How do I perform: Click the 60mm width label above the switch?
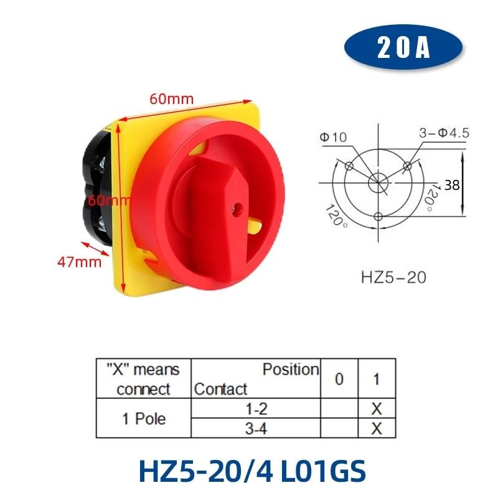click(x=171, y=98)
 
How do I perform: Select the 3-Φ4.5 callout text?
click(x=441, y=133)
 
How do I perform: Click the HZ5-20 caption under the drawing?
click(x=393, y=276)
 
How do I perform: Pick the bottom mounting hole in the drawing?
click(x=378, y=216)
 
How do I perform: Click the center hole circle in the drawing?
click(x=378, y=182)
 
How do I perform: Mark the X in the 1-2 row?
click(x=377, y=408)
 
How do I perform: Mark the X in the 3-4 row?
click(x=377, y=428)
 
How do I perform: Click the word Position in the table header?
click(x=290, y=369)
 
